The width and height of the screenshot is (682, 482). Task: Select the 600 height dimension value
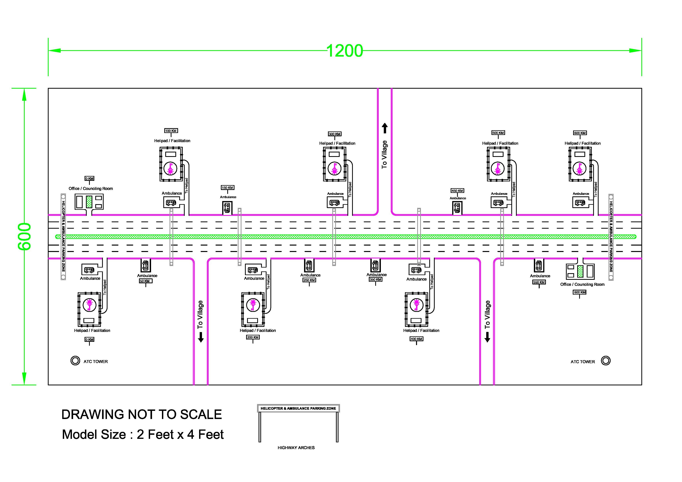point(24,236)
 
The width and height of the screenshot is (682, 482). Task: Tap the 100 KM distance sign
point(171,131)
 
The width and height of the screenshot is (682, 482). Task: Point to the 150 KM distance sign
point(227,188)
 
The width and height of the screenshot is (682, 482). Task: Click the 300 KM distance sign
point(335,134)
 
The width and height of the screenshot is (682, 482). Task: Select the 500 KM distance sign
point(498,133)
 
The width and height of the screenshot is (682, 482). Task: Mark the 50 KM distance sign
point(146,281)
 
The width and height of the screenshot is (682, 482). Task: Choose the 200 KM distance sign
point(253,337)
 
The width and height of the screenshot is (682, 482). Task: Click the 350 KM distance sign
point(375,279)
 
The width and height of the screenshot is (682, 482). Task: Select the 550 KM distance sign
point(539,282)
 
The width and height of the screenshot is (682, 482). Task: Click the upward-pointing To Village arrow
point(385,128)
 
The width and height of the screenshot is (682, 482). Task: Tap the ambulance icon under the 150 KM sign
point(227,208)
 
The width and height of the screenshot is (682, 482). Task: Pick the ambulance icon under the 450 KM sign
point(457,208)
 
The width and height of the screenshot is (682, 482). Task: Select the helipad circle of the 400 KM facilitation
point(416,304)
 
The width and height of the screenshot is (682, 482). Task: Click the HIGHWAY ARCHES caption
point(296,448)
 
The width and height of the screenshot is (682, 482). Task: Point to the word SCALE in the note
point(201,415)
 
